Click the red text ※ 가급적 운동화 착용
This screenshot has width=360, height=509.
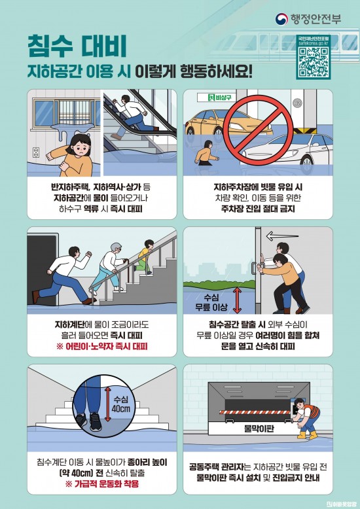tap(101, 483)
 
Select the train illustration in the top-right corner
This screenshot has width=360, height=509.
tap(321, 20)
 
